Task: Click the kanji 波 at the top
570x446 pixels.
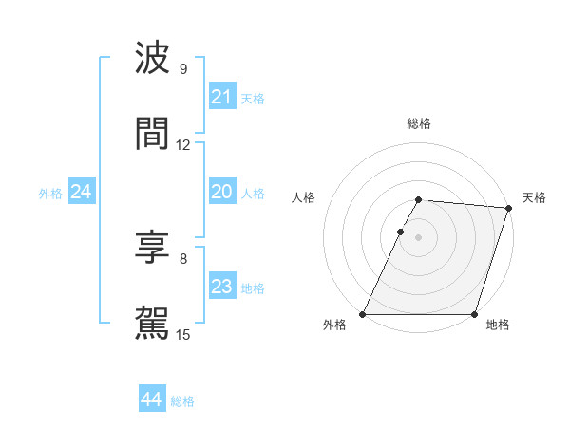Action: pos(152,59)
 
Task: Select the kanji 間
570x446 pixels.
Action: pos(152,134)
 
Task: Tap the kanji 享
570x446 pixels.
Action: pos(152,249)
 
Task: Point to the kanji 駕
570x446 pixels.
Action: pos(152,323)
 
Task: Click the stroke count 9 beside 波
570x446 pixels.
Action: pos(182,69)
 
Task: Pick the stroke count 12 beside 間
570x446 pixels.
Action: pos(183,145)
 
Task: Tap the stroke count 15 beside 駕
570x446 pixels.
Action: pos(183,334)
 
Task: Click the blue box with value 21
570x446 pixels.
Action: pos(221,97)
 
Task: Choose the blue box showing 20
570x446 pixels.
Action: pos(221,192)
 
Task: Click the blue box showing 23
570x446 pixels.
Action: pos(221,287)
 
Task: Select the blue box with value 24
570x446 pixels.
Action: pos(81,192)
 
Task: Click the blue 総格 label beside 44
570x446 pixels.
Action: pos(182,401)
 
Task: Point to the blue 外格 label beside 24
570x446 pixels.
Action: pos(50,194)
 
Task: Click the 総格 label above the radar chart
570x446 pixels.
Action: pos(418,123)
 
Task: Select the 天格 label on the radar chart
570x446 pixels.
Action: pos(534,197)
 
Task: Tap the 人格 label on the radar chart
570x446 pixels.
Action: pos(303,197)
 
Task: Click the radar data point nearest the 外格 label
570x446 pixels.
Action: pos(363,314)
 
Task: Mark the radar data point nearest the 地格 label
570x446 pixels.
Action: pos(474,314)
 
